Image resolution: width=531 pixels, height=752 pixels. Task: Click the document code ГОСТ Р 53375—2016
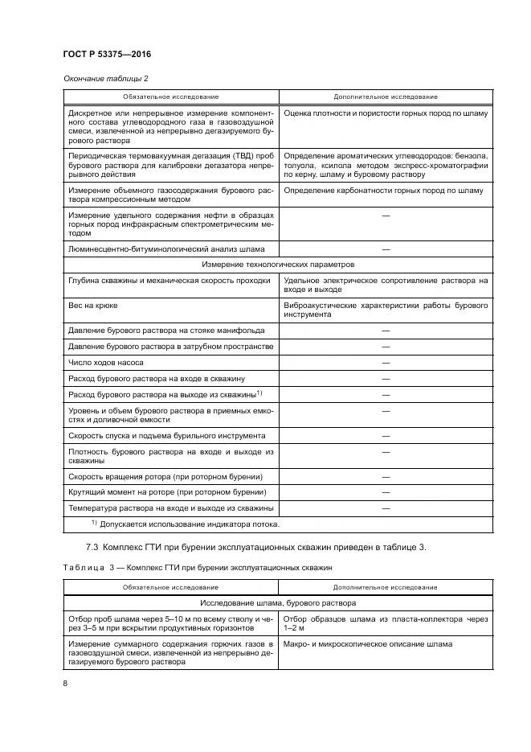pos(106,55)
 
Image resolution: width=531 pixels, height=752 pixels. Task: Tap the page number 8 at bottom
pos(64,684)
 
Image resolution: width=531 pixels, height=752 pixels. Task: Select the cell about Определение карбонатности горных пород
pos(384,191)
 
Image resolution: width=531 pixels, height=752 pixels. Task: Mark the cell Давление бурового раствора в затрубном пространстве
pos(170,347)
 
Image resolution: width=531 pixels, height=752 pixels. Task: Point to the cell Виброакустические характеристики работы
pos(386,310)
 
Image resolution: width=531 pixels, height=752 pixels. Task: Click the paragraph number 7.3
pos(92,548)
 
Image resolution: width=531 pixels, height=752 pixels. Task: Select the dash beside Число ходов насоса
pos(386,362)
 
